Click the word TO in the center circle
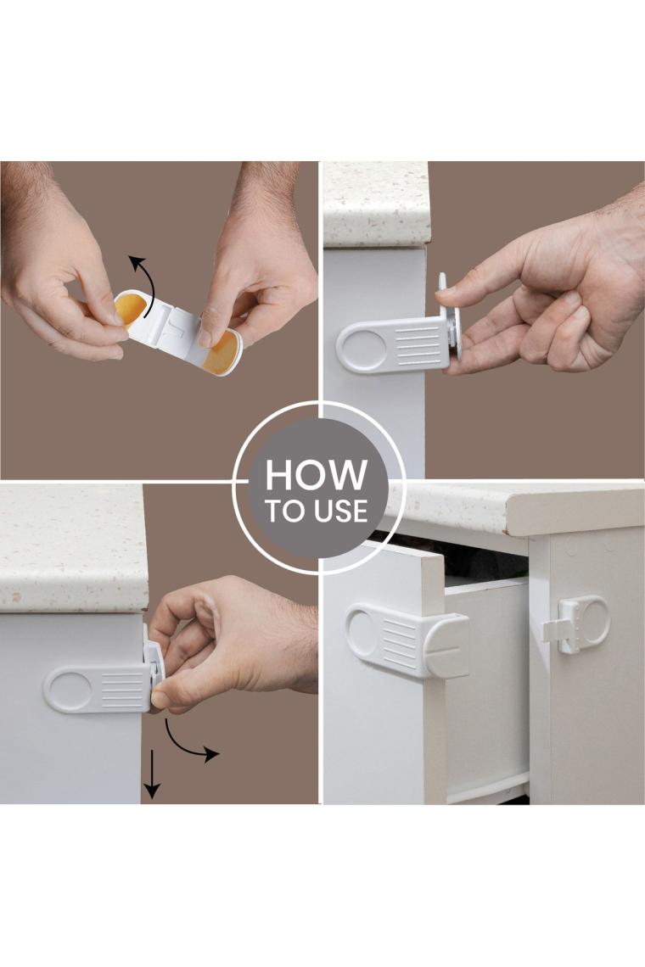283,511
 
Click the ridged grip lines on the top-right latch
418,347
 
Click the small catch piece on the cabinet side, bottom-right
576,624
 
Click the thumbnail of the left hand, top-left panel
115,317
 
